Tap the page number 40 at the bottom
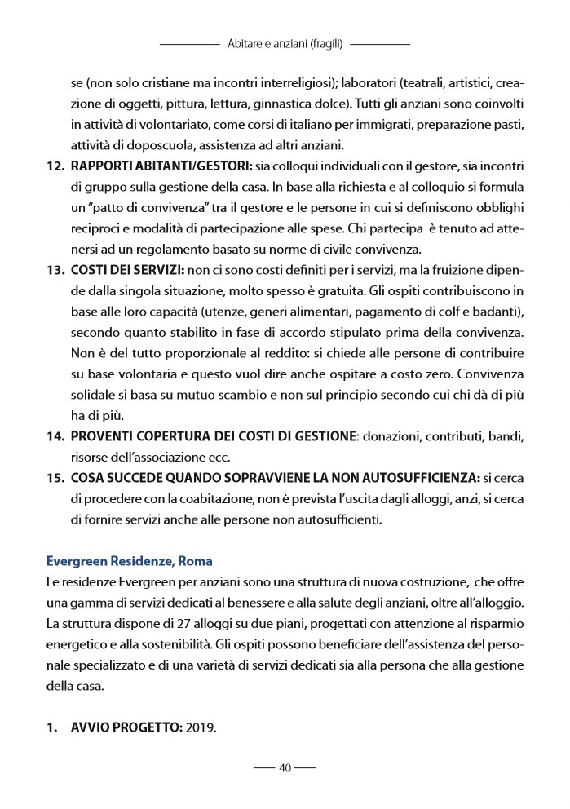pos(285,767)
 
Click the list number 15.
pos(55,476)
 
